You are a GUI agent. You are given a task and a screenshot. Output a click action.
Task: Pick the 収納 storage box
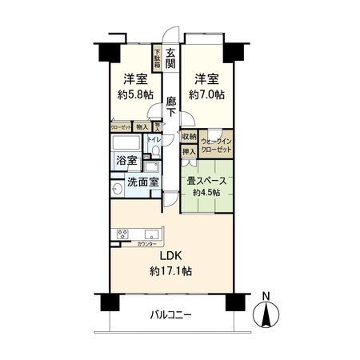pos(188,136)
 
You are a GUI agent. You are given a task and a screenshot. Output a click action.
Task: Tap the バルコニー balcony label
pos(171,316)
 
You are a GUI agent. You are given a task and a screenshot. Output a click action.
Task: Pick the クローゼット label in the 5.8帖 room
pos(121,126)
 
